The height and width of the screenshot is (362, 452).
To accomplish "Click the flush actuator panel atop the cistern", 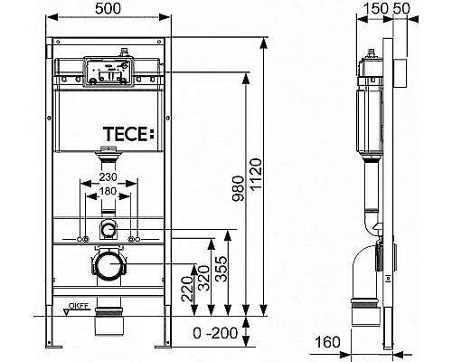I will click(107, 71).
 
